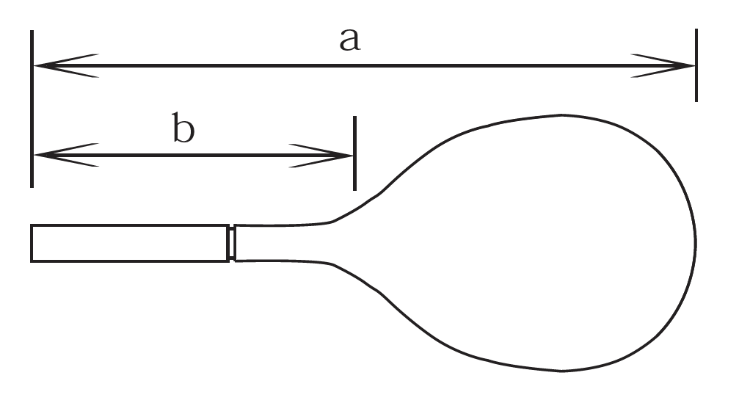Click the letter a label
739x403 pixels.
pos(350,40)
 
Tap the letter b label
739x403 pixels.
pos(183,127)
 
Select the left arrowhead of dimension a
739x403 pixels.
pos(66,65)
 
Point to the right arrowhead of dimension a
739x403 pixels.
pos(663,65)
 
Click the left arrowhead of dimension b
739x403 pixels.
pos(67,155)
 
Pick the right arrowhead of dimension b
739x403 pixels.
pos(321,155)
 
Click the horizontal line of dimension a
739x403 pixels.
pos(364,65)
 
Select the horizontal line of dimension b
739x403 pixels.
pos(194,155)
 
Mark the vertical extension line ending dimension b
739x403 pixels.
pos(355,153)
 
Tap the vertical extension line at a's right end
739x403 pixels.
pos(696,65)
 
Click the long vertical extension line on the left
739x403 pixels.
pos(32,109)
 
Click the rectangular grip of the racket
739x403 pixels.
pos(130,243)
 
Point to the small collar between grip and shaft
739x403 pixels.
pos(231,243)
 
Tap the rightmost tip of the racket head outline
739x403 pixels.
pos(696,243)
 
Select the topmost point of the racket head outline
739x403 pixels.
pos(561,115)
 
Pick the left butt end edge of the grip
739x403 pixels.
pos(32,243)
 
